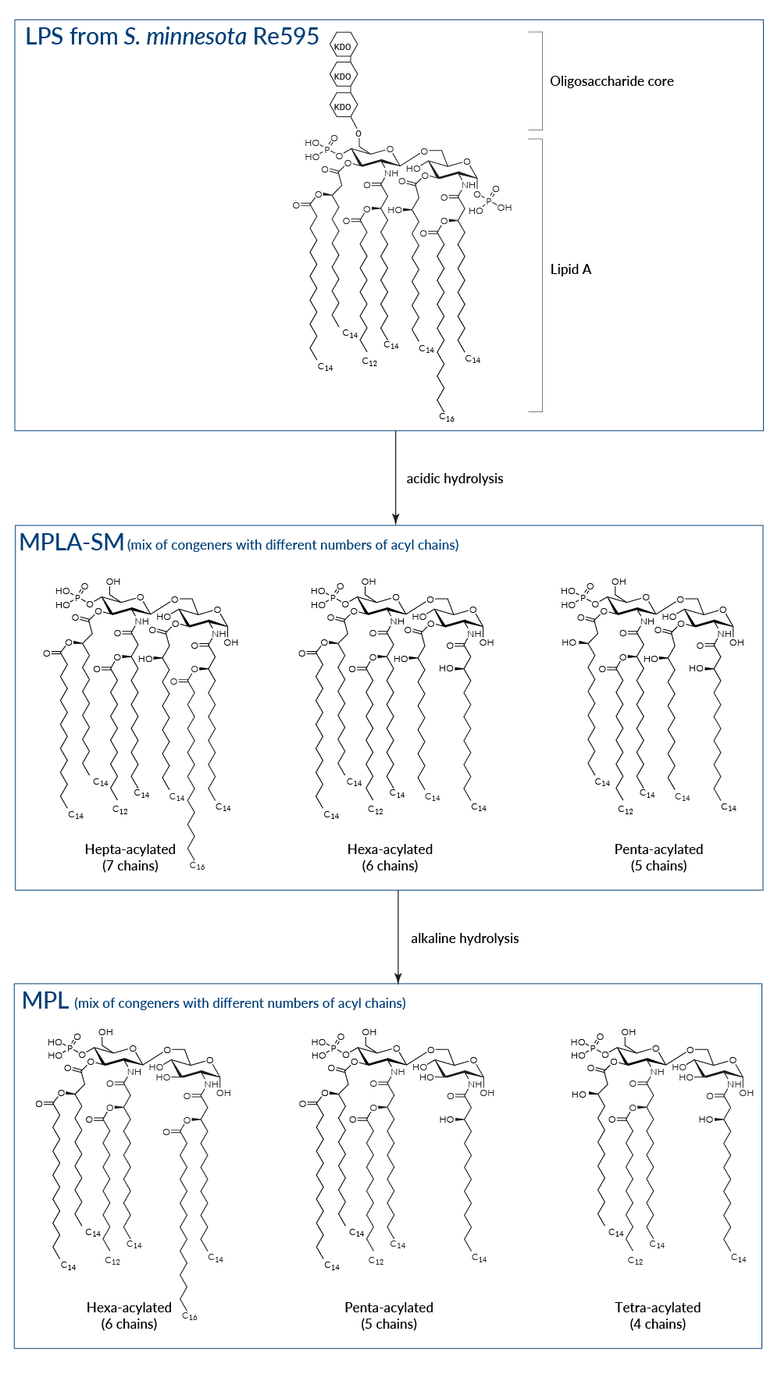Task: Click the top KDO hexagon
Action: pyautogui.click(x=343, y=47)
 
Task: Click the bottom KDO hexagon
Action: pyautogui.click(x=343, y=107)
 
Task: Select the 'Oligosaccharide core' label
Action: pyautogui.click(x=612, y=81)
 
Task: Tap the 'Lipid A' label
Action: pyautogui.click(x=571, y=269)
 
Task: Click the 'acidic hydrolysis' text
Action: pyautogui.click(x=455, y=479)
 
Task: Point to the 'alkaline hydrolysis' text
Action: pyautogui.click(x=465, y=938)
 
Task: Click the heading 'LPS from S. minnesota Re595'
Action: pyautogui.click(x=172, y=37)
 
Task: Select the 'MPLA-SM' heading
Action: pyautogui.click(x=72, y=542)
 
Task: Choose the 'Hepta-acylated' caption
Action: pyautogui.click(x=130, y=849)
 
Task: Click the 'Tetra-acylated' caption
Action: pyautogui.click(x=658, y=1308)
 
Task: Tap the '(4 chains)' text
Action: pyautogui.click(x=658, y=1324)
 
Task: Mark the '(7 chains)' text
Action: pyautogui.click(x=130, y=866)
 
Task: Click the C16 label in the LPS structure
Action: pyautogui.click(x=447, y=418)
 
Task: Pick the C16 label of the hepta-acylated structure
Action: pyautogui.click(x=198, y=866)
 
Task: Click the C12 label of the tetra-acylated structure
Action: pyautogui.click(x=636, y=1261)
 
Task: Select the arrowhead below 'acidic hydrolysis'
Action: pyautogui.click(x=396, y=518)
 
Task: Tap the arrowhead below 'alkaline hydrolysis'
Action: pyautogui.click(x=398, y=977)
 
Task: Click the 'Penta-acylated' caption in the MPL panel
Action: pyautogui.click(x=389, y=1308)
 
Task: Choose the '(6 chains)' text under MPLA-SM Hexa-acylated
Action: pyautogui.click(x=390, y=866)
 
